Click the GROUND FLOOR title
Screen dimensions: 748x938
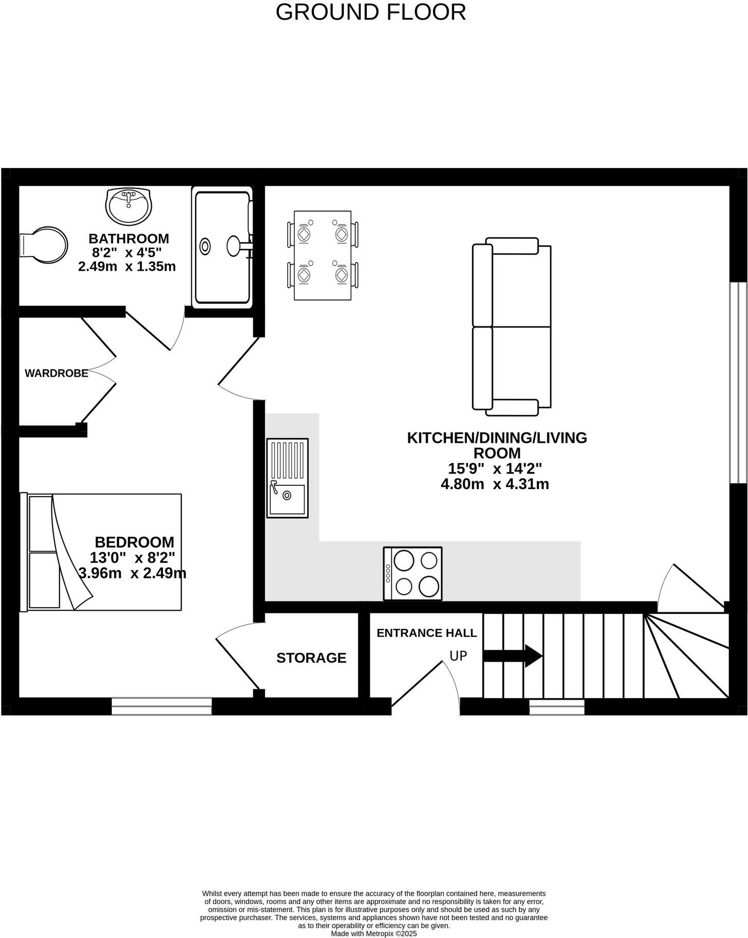[370, 12]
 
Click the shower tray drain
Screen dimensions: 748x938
[205, 246]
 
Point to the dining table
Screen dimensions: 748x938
[323, 255]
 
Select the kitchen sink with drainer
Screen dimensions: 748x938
[287, 478]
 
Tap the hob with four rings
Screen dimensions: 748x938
[413, 573]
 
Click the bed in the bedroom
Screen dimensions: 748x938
[101, 552]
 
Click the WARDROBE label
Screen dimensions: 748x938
[57, 373]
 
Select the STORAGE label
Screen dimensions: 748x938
[311, 658]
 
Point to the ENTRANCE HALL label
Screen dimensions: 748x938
[426, 633]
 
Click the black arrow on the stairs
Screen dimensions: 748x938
[513, 656]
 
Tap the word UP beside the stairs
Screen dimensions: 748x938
[458, 656]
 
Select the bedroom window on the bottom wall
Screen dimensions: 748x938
[162, 706]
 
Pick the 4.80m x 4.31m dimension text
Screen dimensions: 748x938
[495, 484]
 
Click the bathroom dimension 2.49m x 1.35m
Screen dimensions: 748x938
[127, 267]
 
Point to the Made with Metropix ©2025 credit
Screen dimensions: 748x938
[373, 933]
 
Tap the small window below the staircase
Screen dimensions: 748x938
[557, 707]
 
